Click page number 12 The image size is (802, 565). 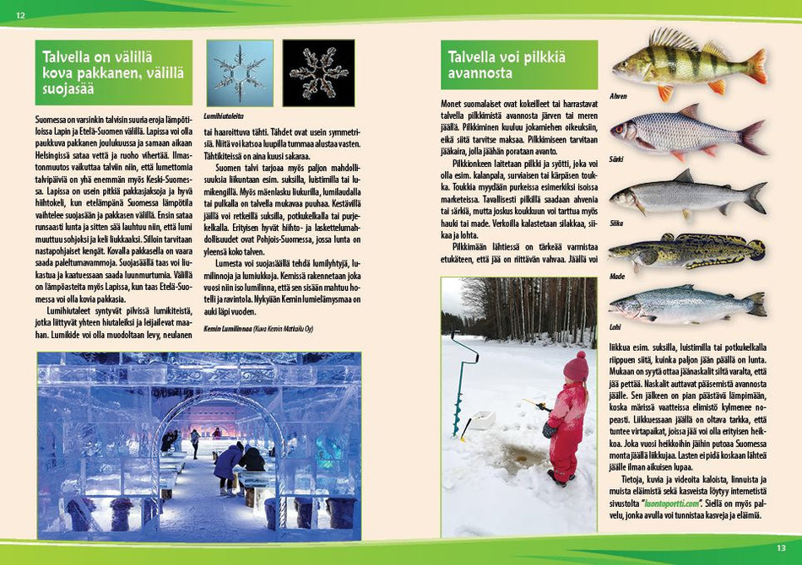pos(20,15)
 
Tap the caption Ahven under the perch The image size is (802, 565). pos(619,96)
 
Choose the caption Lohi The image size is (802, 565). pos(615,326)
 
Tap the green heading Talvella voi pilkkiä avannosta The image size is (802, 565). pos(518,66)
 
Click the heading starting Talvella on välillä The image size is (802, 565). pos(113,73)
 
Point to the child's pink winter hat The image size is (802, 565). pos(577,367)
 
